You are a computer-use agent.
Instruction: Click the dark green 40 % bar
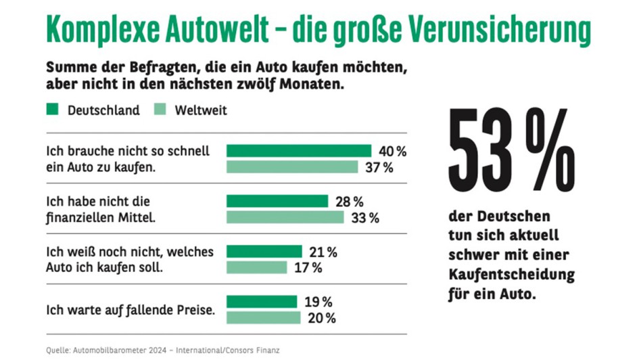(299, 150)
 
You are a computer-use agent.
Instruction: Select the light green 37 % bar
(292, 167)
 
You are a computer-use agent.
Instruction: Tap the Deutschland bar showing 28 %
(277, 201)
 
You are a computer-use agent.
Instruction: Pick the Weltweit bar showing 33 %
(285, 217)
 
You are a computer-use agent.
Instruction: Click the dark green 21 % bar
(264, 252)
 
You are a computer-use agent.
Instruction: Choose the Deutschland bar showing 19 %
(262, 302)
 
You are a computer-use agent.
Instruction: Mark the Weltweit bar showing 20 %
(264, 318)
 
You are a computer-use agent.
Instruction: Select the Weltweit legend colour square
(162, 110)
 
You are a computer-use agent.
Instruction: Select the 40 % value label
(392, 151)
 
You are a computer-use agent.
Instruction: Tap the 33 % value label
(365, 218)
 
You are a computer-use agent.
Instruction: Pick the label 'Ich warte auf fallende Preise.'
(130, 311)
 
